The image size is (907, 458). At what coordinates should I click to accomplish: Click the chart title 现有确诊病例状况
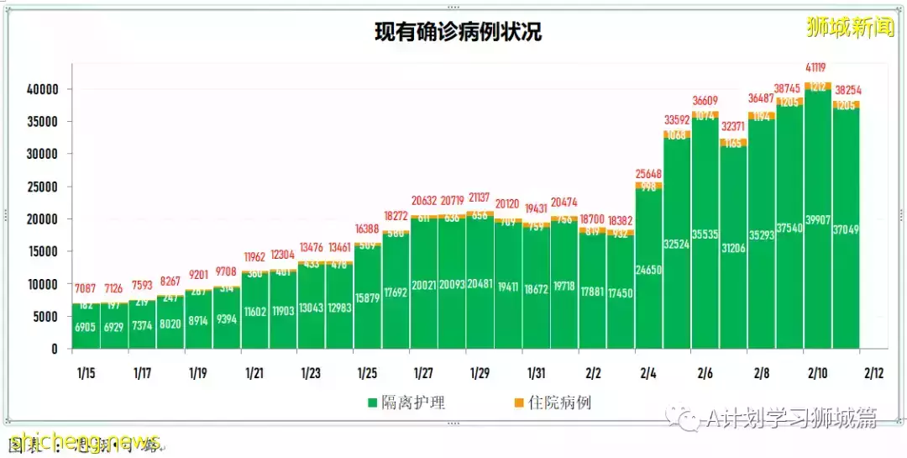pyautogui.click(x=458, y=32)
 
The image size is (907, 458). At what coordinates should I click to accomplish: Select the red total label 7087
pyautogui.click(x=86, y=290)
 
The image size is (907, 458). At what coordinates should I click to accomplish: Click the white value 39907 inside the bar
pyautogui.click(x=818, y=219)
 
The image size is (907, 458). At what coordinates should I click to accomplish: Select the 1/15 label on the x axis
pyautogui.click(x=86, y=372)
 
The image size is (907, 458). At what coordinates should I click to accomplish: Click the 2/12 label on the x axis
pyautogui.click(x=873, y=372)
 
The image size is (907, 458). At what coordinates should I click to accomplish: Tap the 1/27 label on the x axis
pyautogui.click(x=423, y=372)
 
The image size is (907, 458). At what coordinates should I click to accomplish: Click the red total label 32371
pyautogui.click(x=733, y=127)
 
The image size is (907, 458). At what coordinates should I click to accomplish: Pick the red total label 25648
pyautogui.click(x=649, y=174)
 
